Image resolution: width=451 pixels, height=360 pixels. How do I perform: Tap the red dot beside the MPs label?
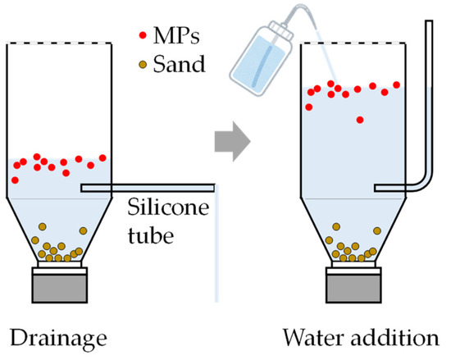click(144, 37)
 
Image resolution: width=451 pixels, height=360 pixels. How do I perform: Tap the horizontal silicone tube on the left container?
click(148, 188)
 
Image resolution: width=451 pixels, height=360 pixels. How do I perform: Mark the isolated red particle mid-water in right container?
click(360, 121)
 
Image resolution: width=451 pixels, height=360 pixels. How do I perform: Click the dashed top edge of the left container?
click(58, 39)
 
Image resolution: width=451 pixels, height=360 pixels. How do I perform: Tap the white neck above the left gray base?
click(58, 264)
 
